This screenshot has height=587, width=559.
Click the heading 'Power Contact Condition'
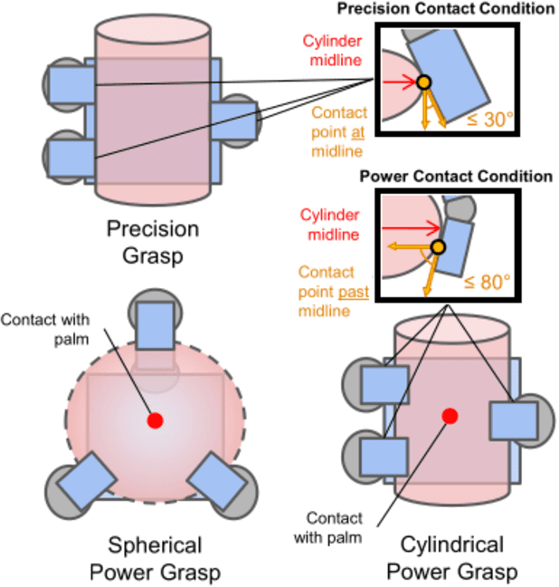456,176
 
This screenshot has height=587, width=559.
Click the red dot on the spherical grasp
155,420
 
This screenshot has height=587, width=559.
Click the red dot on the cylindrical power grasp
450,416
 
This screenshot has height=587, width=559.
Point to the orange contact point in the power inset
439,247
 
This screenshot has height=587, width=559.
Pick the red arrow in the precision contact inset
403,82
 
